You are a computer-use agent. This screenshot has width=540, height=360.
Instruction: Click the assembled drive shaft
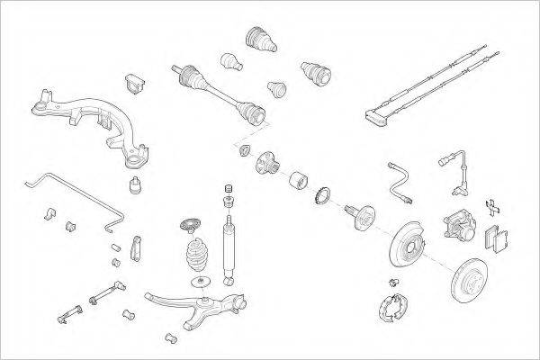(216, 90)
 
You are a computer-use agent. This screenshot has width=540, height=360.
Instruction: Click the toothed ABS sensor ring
(321, 193)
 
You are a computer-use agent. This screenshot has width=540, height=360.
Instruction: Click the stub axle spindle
(363, 217)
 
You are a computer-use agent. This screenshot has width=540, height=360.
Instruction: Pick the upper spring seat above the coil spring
(191, 225)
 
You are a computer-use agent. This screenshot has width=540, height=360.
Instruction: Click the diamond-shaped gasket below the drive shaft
(244, 148)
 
